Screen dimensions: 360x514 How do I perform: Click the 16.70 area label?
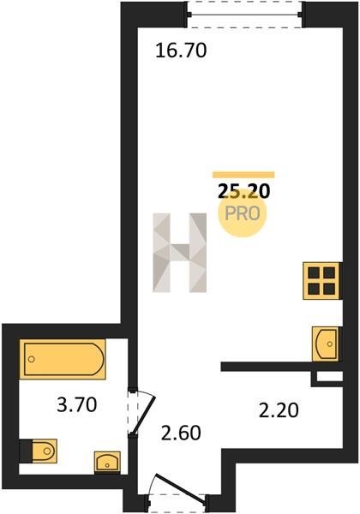181,51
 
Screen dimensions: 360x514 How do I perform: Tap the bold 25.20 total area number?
243,191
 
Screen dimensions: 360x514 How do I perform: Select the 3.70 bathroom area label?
77,404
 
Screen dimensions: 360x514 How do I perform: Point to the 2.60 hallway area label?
181,433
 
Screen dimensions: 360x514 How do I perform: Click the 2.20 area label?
279,410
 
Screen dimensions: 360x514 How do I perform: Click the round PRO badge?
243,213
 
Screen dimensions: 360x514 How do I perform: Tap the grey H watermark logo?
180,253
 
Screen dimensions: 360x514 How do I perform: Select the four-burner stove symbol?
321,281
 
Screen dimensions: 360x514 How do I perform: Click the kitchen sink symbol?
325,344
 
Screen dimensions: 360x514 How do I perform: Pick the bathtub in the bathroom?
63,359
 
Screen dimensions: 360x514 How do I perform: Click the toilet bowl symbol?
45,451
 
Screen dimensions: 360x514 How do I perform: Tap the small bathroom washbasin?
107,463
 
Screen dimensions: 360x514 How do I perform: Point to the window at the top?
244,15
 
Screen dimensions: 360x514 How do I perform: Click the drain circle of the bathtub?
32,359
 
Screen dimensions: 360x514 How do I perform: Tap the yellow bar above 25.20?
243,175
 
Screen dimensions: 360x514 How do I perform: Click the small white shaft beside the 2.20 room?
330,376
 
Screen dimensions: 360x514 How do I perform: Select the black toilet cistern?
26,451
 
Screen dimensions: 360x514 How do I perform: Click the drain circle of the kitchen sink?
330,344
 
